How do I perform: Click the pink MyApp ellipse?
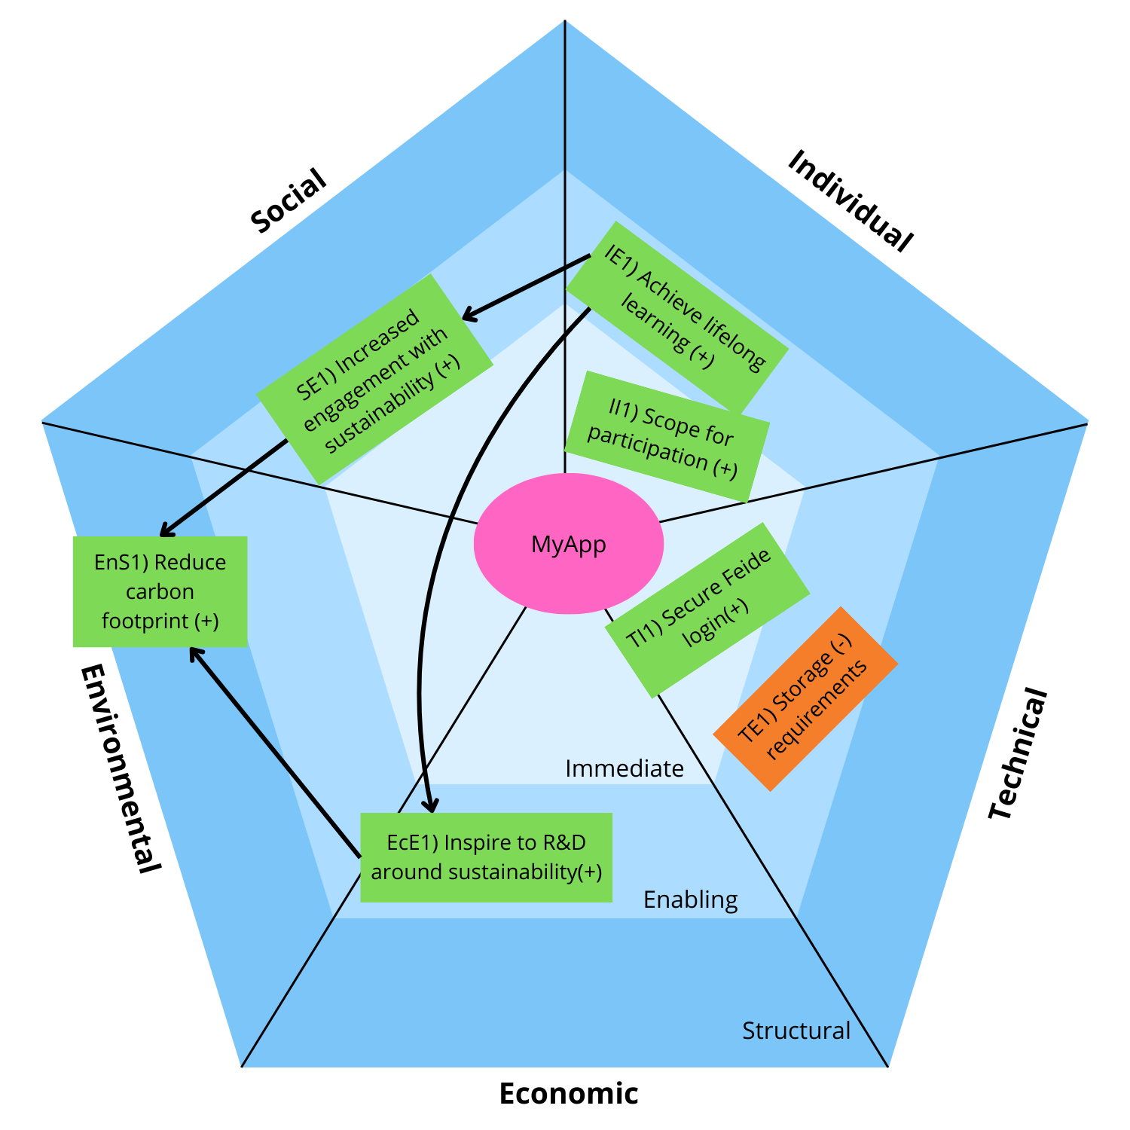(569, 543)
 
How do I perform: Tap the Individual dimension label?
(851, 200)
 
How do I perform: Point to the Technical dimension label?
(1018, 754)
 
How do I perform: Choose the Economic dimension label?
(569, 1093)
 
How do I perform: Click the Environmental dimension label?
(121, 768)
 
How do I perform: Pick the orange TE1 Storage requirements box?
(805, 698)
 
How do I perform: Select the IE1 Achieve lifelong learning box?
(676, 317)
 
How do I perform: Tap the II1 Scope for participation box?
(666, 436)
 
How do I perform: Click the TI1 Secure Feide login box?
(707, 609)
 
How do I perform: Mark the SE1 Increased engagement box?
(374, 379)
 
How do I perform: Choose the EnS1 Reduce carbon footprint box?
(160, 591)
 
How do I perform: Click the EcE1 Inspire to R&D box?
(486, 857)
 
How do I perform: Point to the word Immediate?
(625, 768)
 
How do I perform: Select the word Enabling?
(690, 899)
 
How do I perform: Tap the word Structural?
(796, 1031)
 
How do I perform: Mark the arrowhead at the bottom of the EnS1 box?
(194, 652)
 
